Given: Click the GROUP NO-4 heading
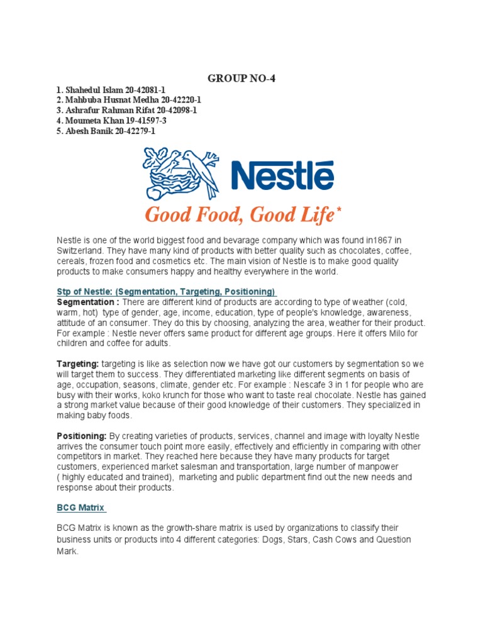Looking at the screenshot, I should pos(241,79).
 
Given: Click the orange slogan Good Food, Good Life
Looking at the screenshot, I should pos(239,215).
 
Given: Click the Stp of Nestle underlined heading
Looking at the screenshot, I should pos(167,292).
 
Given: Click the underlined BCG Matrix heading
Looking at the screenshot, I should pos(81,508).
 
